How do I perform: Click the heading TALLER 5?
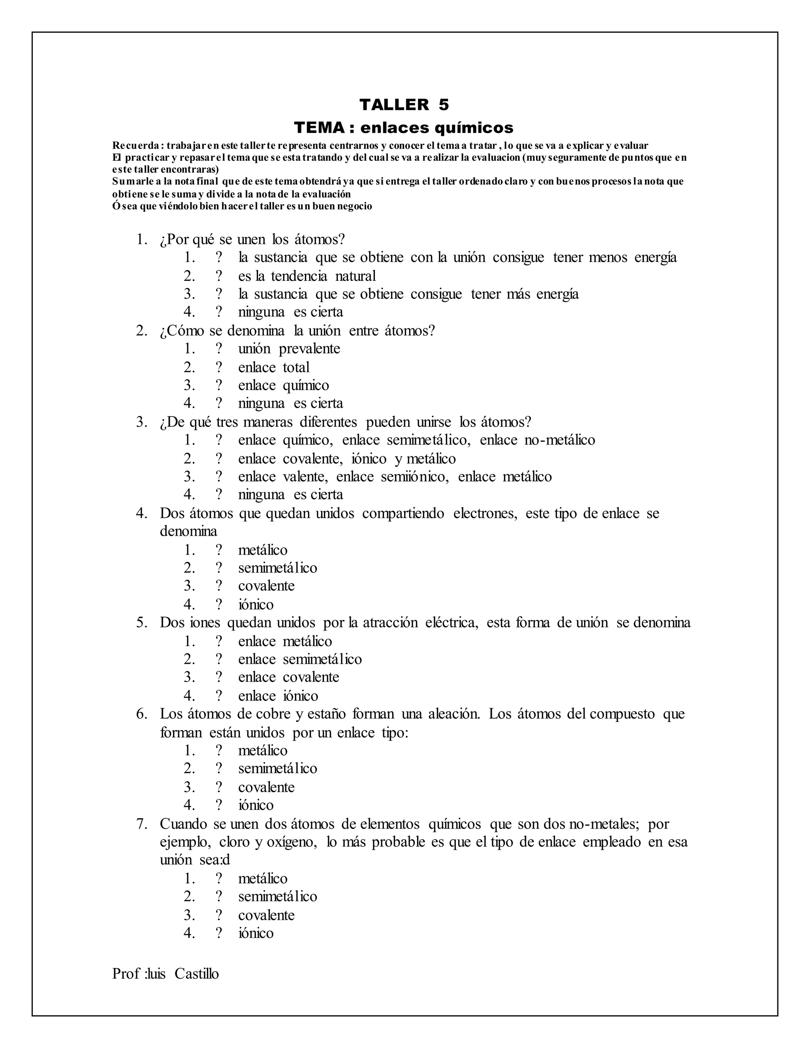[404, 105]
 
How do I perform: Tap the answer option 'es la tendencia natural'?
[307, 276]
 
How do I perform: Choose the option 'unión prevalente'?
[289, 348]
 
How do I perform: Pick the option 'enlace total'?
[274, 367]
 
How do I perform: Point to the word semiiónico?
[415, 476]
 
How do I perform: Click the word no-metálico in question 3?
[559, 440]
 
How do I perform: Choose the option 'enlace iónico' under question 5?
[278, 696]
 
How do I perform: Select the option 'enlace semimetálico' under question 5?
[299, 659]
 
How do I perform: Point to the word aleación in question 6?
[454, 714]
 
